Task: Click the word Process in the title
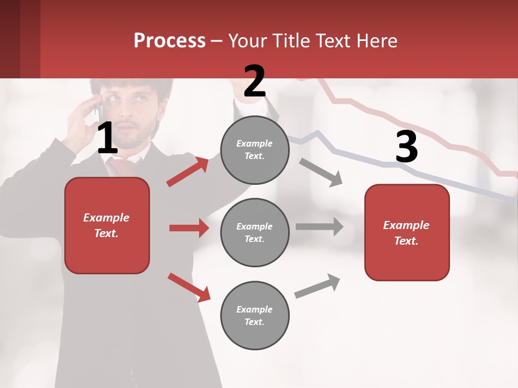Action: click(169, 41)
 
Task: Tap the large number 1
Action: click(107, 138)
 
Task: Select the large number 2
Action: click(255, 81)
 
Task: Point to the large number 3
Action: click(406, 147)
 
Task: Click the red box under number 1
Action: click(107, 225)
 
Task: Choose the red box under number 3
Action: click(407, 232)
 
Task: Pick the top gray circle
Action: click(255, 150)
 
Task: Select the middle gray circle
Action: click(255, 232)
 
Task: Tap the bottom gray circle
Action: click(255, 315)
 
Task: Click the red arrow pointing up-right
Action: click(188, 172)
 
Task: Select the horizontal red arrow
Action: click(189, 228)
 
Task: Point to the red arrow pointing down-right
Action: click(189, 287)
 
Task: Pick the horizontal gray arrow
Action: click(319, 226)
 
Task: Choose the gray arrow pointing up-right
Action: click(317, 286)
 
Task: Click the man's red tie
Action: click(124, 164)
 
